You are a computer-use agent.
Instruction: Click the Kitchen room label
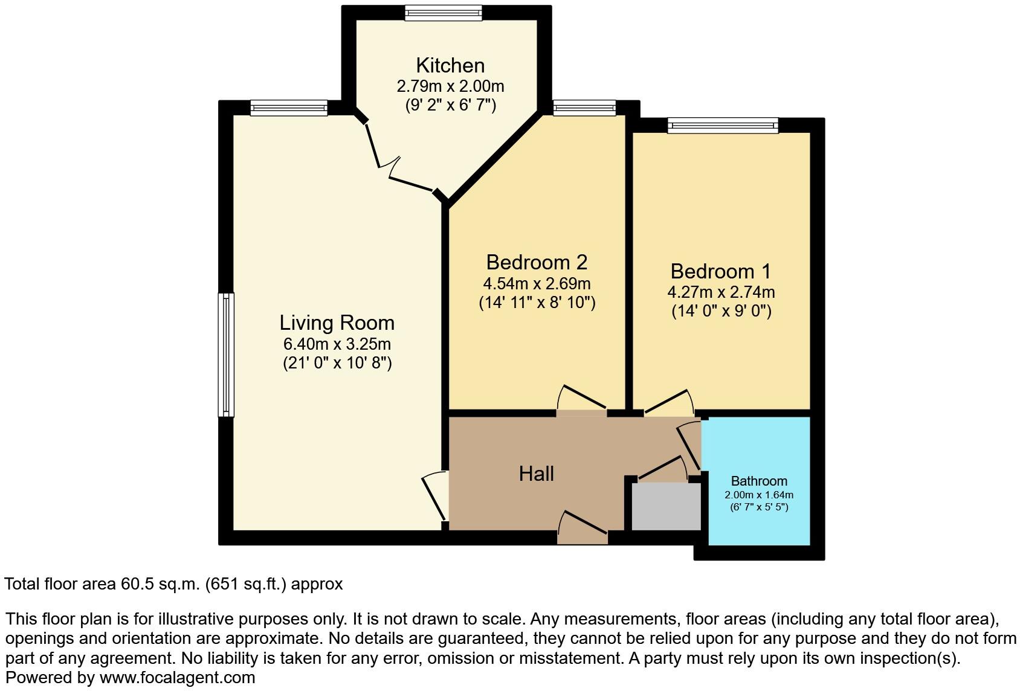point(450,65)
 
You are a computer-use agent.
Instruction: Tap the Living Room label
point(337,323)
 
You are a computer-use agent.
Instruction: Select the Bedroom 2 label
point(537,262)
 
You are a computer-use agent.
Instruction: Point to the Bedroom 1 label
point(721,271)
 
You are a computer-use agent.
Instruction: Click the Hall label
point(536,474)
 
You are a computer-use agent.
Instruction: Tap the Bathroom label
point(759,481)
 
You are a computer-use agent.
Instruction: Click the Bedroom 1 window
point(723,125)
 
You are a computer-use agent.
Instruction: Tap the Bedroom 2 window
point(584,108)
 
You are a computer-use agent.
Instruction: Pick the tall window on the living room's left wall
point(225,355)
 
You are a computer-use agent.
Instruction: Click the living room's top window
point(289,108)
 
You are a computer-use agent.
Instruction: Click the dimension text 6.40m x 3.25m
point(337,344)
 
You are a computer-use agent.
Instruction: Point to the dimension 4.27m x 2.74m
point(721,292)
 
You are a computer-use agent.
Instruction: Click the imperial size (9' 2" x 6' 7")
point(450,105)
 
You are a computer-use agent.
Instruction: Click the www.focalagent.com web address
point(177,678)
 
